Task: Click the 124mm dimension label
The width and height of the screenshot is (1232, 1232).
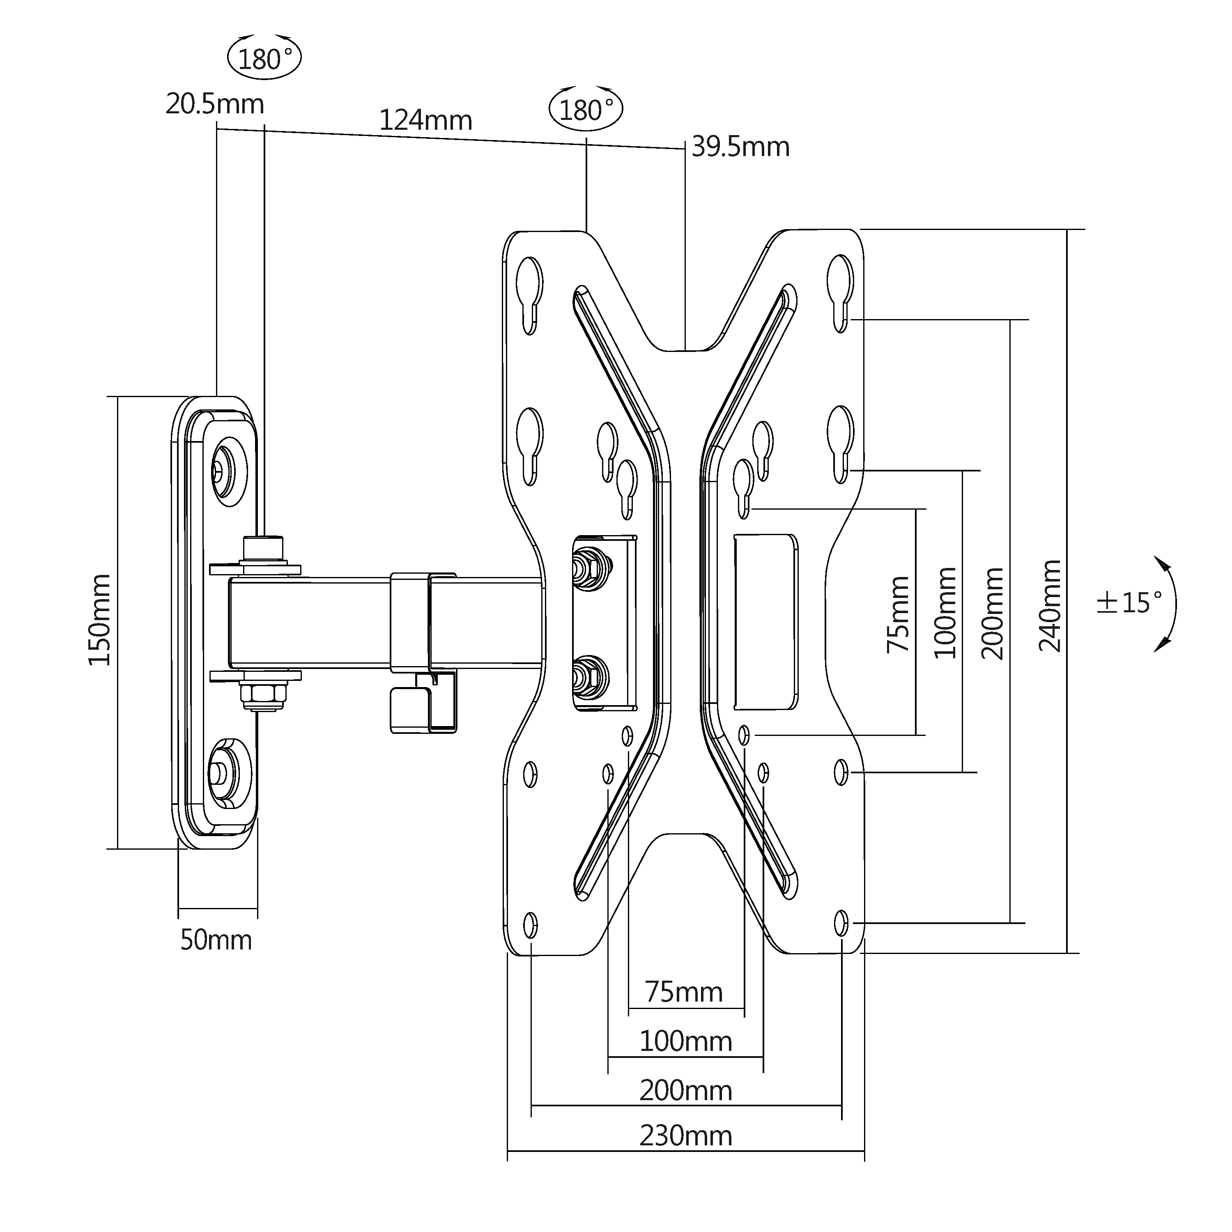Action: coord(426,120)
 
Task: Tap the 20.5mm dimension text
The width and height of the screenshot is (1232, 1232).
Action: coord(215,104)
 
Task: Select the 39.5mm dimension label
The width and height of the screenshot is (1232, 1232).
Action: coord(740,147)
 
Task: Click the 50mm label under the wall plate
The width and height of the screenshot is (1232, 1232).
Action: coord(216,940)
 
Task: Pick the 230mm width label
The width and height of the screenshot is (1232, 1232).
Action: coord(685,1136)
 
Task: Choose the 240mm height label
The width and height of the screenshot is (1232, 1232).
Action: coord(1050,606)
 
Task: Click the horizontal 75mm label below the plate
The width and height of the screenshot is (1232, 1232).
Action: coord(684,992)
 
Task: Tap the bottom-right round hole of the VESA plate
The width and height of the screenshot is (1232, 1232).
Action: coord(841,923)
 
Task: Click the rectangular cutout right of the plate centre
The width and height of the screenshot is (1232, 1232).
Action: coord(766,622)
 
